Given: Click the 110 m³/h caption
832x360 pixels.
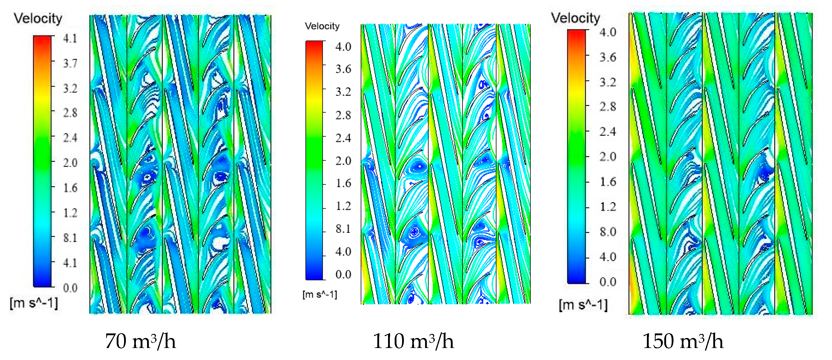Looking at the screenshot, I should (413, 341).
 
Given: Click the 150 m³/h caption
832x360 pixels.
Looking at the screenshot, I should (683, 341).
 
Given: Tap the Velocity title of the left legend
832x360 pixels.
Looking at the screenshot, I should (38, 18).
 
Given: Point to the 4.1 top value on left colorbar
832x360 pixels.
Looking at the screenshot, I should (70, 39).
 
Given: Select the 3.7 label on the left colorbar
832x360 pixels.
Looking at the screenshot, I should (70, 63).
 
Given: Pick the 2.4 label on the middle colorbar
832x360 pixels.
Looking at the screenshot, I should (343, 138).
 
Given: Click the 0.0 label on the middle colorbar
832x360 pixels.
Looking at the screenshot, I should (343, 274).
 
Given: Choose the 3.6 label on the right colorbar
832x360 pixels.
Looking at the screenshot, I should (608, 57).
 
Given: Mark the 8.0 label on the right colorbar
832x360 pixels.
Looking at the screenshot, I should (608, 232).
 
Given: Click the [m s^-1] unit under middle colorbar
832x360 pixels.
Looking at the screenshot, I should (320, 294).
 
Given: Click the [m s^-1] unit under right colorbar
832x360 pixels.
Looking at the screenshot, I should (583, 305).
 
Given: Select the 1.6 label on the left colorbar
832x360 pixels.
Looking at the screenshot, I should (70, 188).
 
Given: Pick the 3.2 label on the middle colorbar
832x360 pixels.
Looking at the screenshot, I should (343, 92).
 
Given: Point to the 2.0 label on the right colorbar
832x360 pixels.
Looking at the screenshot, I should (608, 157).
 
